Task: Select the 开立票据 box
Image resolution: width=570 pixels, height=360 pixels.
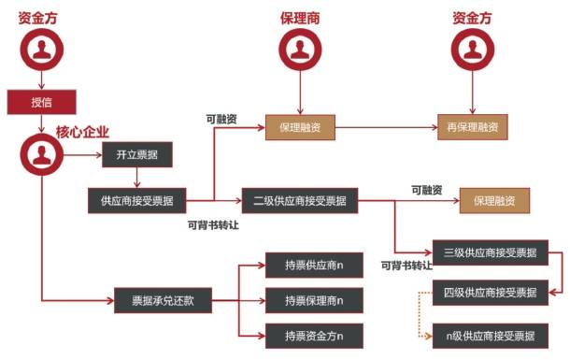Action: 136,154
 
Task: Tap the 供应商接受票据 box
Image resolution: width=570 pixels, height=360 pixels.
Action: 136,199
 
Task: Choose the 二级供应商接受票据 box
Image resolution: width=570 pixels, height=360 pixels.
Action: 300,199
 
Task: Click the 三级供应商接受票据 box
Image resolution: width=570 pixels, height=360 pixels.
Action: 490,252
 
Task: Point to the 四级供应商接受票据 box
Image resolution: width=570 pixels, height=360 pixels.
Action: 490,293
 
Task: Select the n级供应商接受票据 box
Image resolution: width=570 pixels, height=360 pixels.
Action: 490,335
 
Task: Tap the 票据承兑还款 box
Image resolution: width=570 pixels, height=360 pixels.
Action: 164,302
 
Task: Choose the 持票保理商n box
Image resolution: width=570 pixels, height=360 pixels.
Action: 314,301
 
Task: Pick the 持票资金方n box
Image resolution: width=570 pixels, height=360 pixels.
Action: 314,335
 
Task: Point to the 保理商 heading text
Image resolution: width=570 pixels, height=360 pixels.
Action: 300,18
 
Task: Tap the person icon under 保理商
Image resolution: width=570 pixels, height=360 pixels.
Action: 300,49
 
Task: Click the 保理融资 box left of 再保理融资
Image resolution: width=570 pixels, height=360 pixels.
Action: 300,126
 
